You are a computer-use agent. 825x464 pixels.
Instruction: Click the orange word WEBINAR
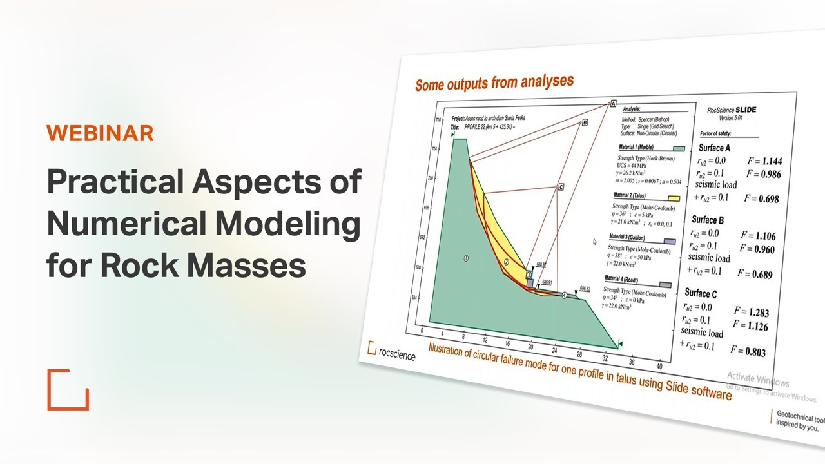[100, 133]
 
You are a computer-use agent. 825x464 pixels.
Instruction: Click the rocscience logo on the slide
[391, 351]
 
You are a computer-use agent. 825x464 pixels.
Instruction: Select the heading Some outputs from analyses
[494, 82]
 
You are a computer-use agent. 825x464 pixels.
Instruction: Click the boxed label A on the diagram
[613, 104]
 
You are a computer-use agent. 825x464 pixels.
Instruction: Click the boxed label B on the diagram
[585, 122]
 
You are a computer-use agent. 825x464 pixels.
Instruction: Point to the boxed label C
[561, 187]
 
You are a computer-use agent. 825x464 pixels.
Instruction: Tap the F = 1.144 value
[763, 162]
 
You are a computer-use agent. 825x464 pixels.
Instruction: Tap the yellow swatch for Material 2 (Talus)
[674, 198]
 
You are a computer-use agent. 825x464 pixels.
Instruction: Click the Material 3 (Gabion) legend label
[629, 238]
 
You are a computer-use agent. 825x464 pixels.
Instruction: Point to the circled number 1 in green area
[466, 258]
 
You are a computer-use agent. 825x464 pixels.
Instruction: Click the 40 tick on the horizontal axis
[658, 366]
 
